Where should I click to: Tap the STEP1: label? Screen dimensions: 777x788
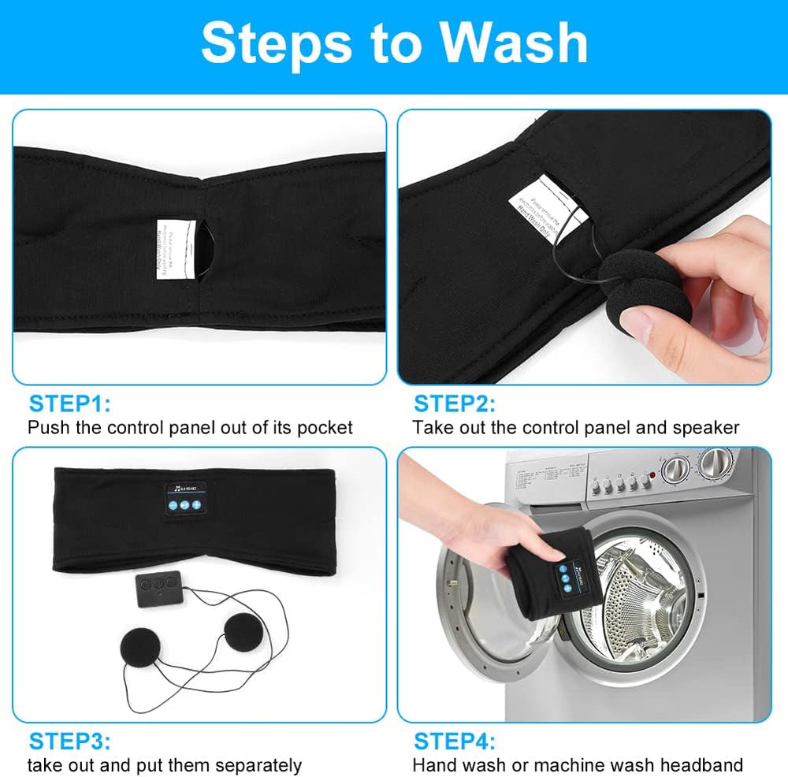pos(69,404)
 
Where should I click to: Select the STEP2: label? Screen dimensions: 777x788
pos(454,404)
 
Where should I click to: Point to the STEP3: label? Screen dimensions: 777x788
pos(69,742)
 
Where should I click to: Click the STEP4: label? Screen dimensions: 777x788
pos(454,742)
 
